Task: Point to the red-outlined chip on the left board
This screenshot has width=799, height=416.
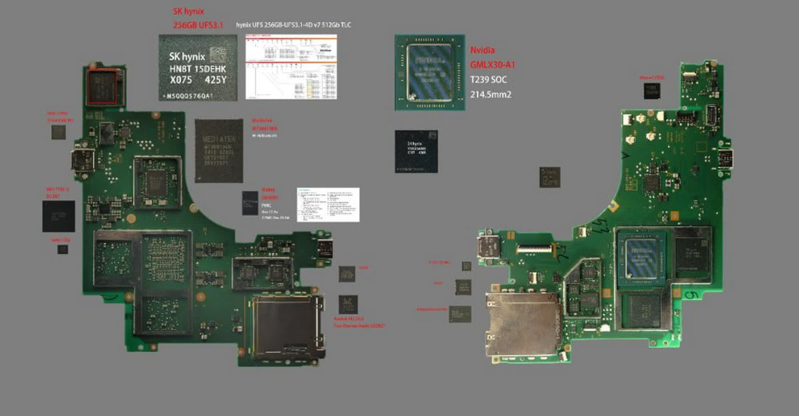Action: [x=103, y=86]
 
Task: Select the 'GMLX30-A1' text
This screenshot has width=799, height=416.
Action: [x=492, y=65]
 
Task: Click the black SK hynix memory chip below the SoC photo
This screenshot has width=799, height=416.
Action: [x=416, y=151]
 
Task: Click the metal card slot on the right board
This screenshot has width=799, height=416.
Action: [x=523, y=324]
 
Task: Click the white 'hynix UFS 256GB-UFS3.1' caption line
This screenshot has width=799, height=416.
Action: [x=293, y=25]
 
